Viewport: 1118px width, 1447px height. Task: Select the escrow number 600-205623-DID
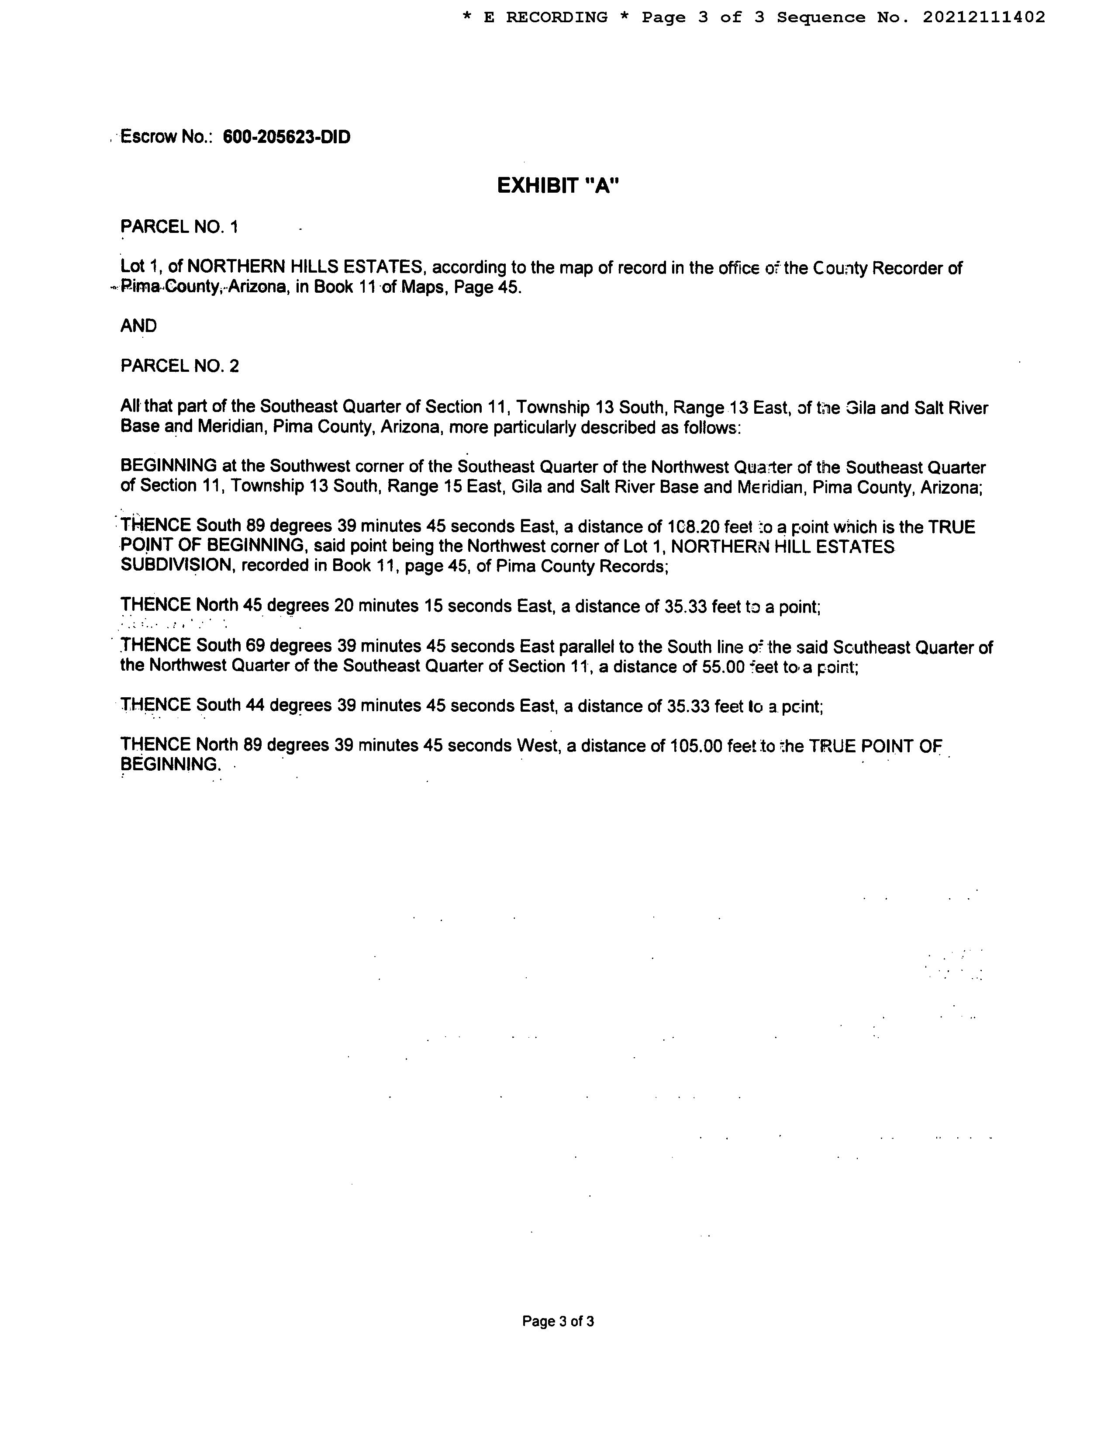[x=287, y=137]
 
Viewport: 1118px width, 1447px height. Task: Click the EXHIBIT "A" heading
[x=558, y=186]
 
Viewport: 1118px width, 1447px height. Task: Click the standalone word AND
[x=138, y=326]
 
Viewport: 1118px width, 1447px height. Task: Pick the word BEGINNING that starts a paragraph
[x=168, y=467]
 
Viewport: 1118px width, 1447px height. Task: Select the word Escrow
[x=148, y=137]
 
